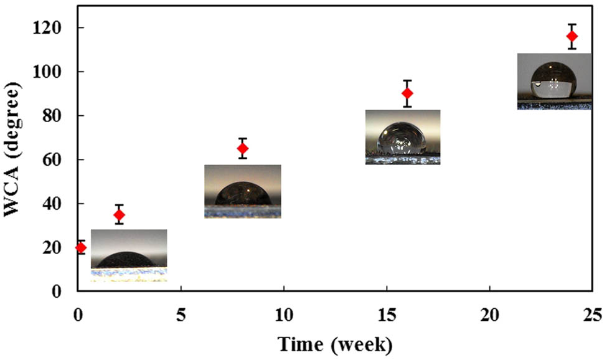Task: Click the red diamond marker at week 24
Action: (x=572, y=36)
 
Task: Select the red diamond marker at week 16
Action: (x=407, y=93)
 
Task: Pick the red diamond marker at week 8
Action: (x=243, y=148)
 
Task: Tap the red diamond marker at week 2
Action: (x=119, y=215)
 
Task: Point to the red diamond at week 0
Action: (x=80, y=247)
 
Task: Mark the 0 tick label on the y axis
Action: (x=61, y=291)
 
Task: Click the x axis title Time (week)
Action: (x=336, y=344)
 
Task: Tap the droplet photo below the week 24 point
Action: (x=554, y=82)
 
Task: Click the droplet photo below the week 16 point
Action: (x=403, y=137)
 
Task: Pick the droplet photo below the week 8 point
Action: (x=243, y=191)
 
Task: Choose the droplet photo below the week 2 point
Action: (x=129, y=255)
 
